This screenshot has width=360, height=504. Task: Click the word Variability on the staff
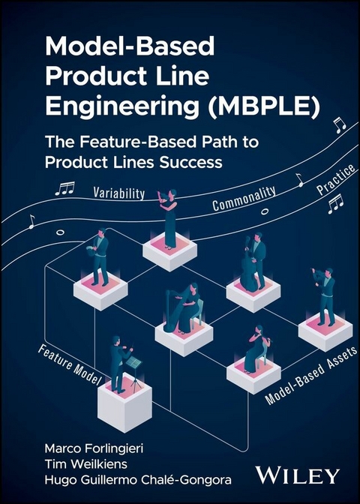pos(119,193)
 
